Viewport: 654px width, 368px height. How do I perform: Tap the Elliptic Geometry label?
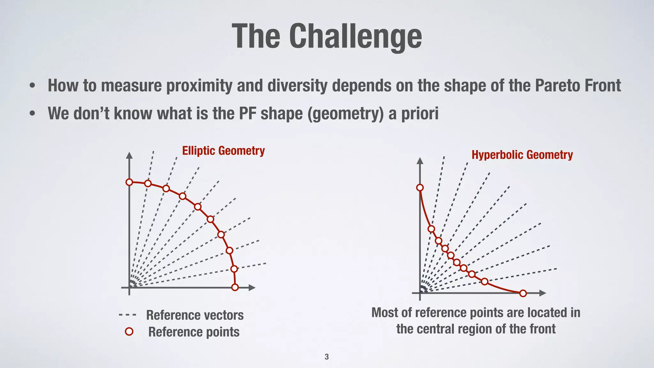(223, 151)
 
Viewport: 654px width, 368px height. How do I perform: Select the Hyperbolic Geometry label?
(522, 155)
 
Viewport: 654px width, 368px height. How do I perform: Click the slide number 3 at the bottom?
(326, 357)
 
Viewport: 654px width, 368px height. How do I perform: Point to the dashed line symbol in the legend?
(127, 315)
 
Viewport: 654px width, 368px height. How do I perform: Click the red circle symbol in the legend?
(129, 332)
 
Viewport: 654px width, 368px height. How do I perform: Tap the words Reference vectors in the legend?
(195, 315)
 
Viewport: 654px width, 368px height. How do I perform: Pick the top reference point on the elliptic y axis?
(129, 182)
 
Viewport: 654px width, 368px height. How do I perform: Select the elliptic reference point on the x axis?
(235, 287)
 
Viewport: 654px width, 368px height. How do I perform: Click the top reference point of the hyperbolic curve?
(420, 188)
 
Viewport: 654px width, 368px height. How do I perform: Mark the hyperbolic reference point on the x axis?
(523, 293)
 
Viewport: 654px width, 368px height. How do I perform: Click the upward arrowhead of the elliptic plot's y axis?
(129, 155)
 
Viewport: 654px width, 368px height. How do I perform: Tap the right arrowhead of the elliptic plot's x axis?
(252, 287)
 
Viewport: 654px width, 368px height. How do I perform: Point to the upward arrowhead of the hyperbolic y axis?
(420, 160)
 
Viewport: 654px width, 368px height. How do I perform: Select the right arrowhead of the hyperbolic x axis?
(543, 293)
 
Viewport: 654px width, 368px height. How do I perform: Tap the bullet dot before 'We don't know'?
(32, 114)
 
